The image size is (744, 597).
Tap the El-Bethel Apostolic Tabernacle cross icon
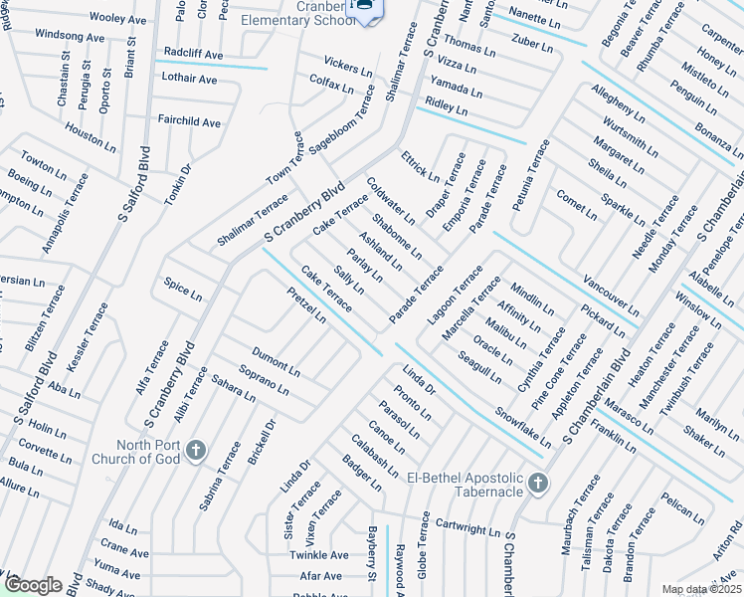(538, 484)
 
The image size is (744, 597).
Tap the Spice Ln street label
(183, 292)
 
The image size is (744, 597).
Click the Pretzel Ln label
(306, 303)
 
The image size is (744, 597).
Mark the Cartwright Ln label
(467, 524)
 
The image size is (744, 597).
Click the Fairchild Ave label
(189, 121)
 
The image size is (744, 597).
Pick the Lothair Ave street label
(188, 79)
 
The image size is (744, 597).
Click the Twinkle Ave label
(319, 555)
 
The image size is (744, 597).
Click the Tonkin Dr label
(178, 180)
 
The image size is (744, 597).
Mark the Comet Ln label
(576, 204)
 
